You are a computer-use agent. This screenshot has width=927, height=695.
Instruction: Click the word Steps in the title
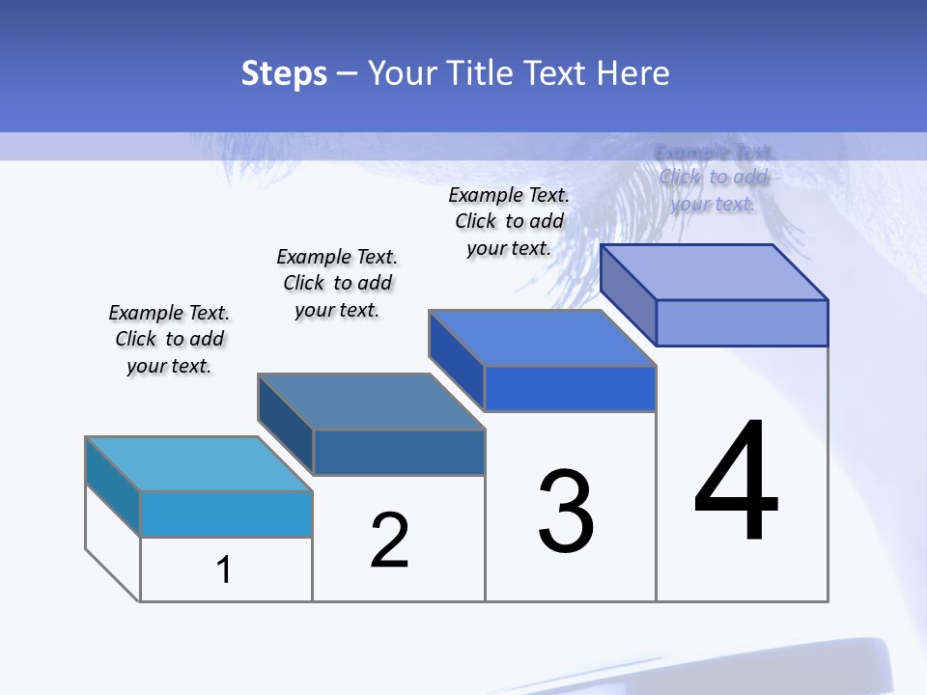coord(284,74)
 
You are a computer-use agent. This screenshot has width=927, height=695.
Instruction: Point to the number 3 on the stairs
coord(566,512)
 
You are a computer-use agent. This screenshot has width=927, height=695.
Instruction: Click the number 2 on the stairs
coord(389,540)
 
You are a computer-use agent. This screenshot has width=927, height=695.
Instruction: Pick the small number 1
coord(224,570)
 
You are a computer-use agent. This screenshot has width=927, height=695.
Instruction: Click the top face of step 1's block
coord(199,463)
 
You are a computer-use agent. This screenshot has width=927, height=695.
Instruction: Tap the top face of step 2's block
coord(371,401)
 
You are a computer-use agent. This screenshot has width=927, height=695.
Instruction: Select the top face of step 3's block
coord(543,338)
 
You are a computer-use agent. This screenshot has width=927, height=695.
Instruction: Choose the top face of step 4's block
coord(715,271)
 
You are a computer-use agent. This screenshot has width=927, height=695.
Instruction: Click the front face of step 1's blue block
coord(226,514)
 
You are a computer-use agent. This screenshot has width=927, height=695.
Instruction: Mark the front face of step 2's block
coord(399,452)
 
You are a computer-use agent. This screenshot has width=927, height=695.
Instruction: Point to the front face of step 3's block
coord(570,388)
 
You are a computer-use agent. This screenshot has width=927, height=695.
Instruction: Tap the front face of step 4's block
coord(742,322)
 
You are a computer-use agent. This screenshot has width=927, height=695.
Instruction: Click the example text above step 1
coord(169,339)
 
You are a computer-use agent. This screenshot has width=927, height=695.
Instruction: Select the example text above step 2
coord(337,283)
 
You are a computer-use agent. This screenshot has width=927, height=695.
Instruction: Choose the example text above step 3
coord(509,221)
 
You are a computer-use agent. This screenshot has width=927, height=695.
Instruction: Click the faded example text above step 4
coord(713,178)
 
